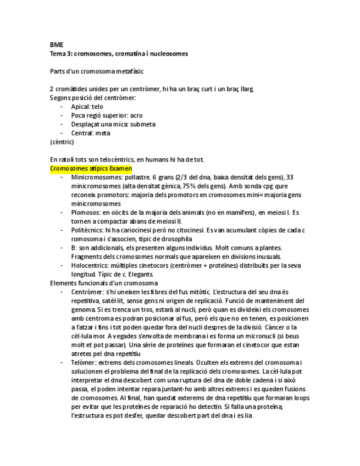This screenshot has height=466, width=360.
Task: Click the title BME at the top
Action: [x=56, y=45]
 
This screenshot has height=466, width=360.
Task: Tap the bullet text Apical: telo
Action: [x=87, y=107]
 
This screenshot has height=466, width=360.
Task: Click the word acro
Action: [x=136, y=115]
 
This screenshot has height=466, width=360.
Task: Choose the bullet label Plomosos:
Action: [x=86, y=212]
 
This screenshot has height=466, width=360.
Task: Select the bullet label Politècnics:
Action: [x=88, y=230]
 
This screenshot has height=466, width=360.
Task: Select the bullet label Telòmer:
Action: [x=84, y=362]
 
